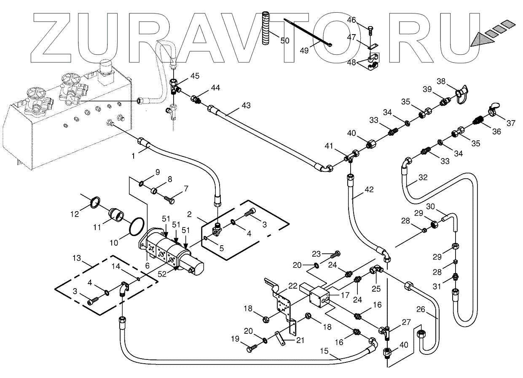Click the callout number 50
click(x=285, y=40)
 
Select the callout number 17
click(x=344, y=295)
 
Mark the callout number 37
click(x=511, y=123)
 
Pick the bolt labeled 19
click(x=252, y=349)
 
